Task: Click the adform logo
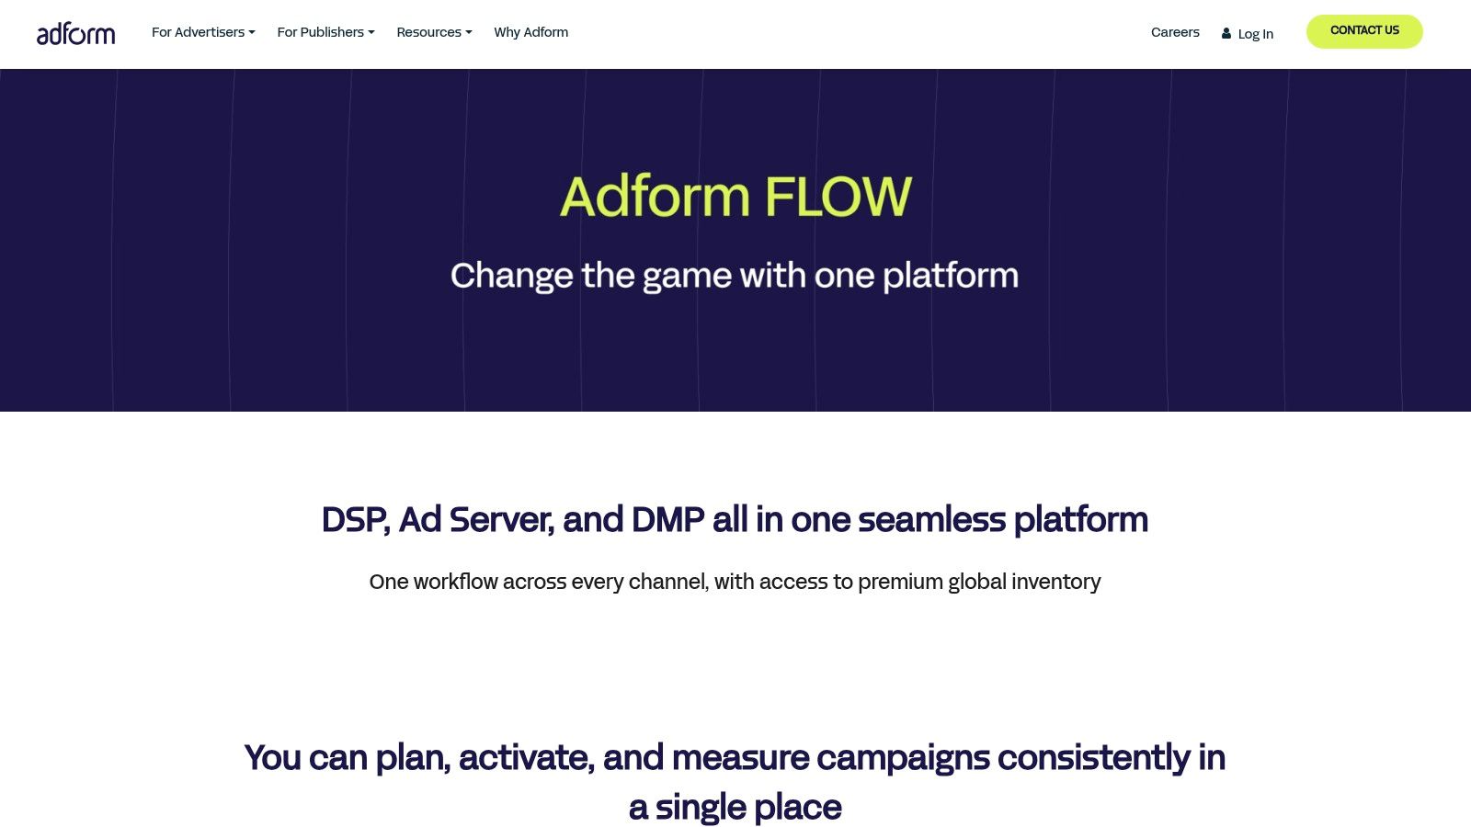[75, 34]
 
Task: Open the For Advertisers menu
[203, 32]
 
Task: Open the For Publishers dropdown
[325, 32]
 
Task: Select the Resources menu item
[434, 32]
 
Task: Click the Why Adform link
[530, 32]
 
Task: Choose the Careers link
[1175, 32]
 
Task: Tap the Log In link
[1255, 34]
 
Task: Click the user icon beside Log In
[1226, 33]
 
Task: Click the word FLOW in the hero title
[838, 197]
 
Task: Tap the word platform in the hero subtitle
[950, 276]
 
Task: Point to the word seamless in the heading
[931, 520]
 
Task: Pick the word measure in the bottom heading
[740, 758]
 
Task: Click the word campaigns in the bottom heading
[903, 758]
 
